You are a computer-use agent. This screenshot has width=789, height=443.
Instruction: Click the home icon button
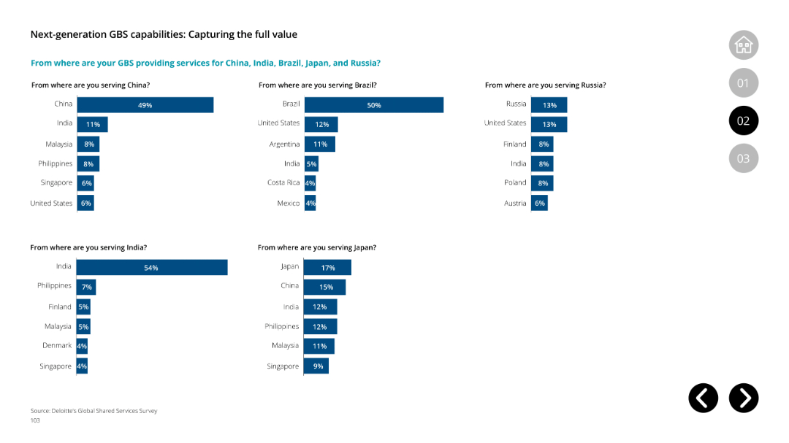[x=743, y=45]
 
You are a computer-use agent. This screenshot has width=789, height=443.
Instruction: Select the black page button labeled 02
[x=743, y=120]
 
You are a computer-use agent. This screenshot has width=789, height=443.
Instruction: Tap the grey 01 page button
[x=743, y=83]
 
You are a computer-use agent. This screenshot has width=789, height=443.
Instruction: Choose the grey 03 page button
[x=743, y=158]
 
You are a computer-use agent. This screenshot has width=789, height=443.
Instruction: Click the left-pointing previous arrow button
[x=703, y=398]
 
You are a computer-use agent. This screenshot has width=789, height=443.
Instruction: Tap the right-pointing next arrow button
[x=744, y=398]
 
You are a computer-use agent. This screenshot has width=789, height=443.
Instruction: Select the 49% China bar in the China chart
[x=145, y=105]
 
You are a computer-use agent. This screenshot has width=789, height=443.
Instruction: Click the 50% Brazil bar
[x=374, y=105]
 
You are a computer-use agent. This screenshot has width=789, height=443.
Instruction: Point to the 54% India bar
[x=152, y=268]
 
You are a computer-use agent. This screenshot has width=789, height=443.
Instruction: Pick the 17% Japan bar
[x=327, y=268]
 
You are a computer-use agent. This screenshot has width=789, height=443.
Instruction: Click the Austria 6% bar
[x=539, y=203]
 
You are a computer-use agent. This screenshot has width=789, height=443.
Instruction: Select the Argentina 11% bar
[x=320, y=145]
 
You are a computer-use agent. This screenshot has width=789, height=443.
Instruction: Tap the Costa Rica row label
[x=283, y=182]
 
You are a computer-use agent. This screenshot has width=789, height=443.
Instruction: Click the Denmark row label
[x=57, y=345]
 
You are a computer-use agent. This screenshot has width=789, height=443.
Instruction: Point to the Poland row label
[x=515, y=182]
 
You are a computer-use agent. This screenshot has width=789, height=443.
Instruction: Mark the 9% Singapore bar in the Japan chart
[x=316, y=366]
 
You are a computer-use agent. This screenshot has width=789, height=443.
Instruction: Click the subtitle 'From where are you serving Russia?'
[x=545, y=85]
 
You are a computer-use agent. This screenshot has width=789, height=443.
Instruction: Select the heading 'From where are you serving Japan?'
[x=317, y=247]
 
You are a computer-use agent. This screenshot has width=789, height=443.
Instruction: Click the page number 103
[x=35, y=420]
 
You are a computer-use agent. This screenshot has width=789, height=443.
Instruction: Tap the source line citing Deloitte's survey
[x=94, y=411]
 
